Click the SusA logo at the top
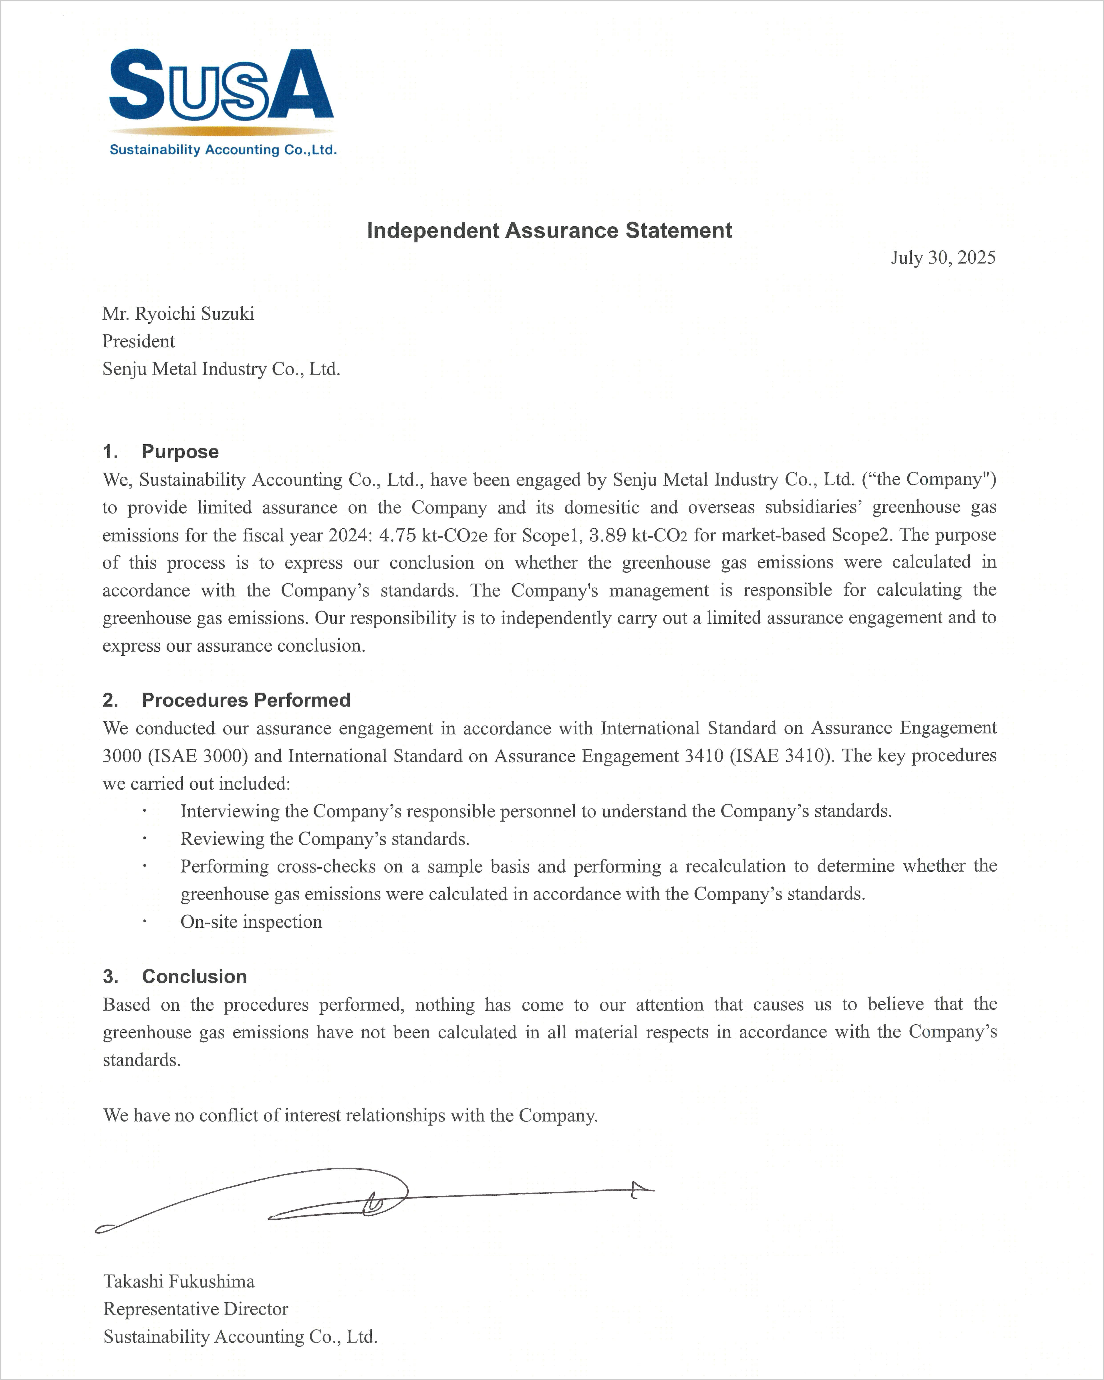click(x=222, y=85)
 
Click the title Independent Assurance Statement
click(x=549, y=230)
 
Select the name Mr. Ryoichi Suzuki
click(x=179, y=314)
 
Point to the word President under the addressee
click(x=138, y=341)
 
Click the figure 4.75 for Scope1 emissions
click(x=397, y=535)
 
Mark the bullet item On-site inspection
click(x=251, y=922)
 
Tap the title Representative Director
click(x=196, y=1309)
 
